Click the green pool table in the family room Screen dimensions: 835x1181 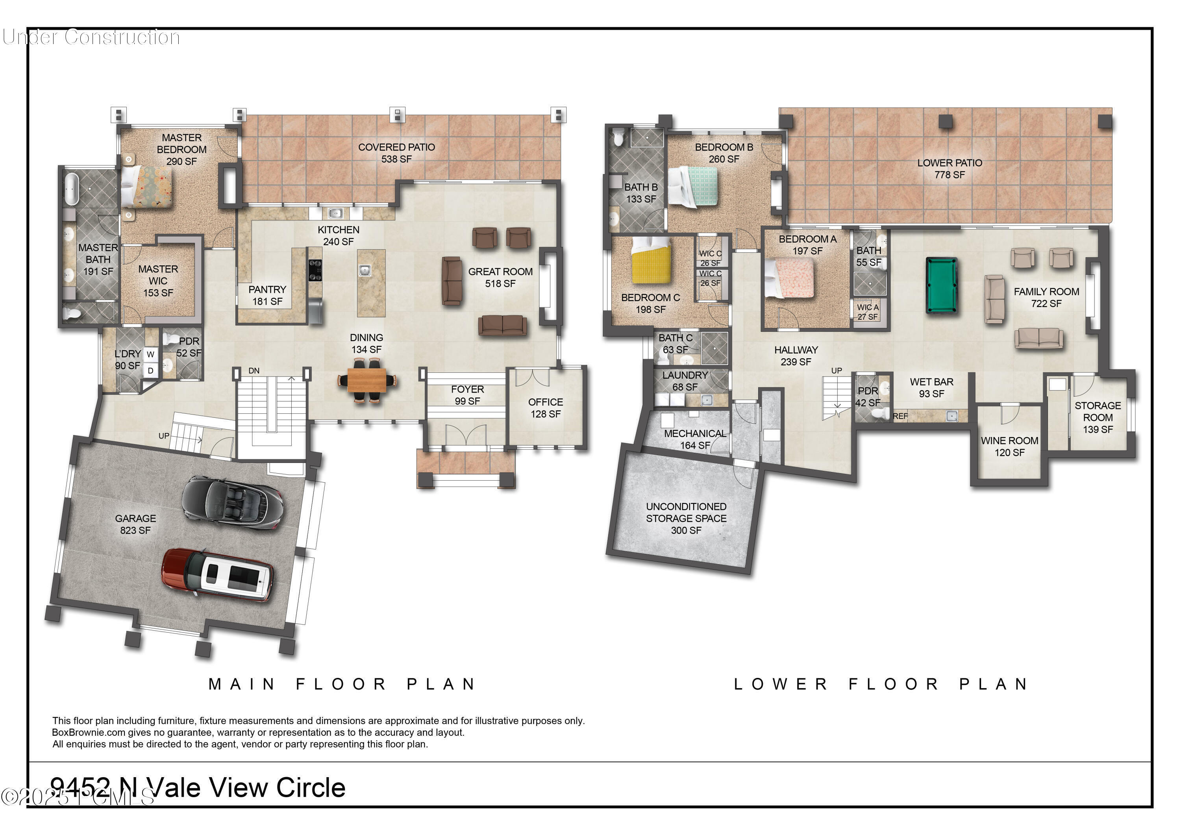pyautogui.click(x=942, y=285)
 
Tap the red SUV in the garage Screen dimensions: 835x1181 pyautogui.click(x=218, y=576)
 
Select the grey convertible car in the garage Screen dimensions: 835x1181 pyautogui.click(x=233, y=501)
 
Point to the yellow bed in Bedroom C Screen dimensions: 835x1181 pyautogui.click(x=651, y=260)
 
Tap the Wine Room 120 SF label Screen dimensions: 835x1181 pyautogui.click(x=1009, y=446)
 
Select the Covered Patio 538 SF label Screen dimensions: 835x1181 pyautogui.click(x=396, y=153)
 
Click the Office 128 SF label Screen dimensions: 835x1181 pyautogui.click(x=545, y=408)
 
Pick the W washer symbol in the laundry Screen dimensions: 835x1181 pyautogui.click(x=151, y=354)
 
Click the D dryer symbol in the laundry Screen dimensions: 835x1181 pyautogui.click(x=151, y=370)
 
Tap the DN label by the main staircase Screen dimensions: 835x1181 pyautogui.click(x=254, y=370)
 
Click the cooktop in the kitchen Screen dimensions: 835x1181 pyautogui.click(x=315, y=270)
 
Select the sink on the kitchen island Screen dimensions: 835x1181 pyautogui.click(x=365, y=270)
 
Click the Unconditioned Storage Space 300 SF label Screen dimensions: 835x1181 pyautogui.click(x=686, y=518)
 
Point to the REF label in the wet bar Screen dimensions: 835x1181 pyautogui.click(x=900, y=416)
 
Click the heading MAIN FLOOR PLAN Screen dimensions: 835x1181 pyautogui.click(x=342, y=684)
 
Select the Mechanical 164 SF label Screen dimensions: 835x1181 pyautogui.click(x=695, y=439)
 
